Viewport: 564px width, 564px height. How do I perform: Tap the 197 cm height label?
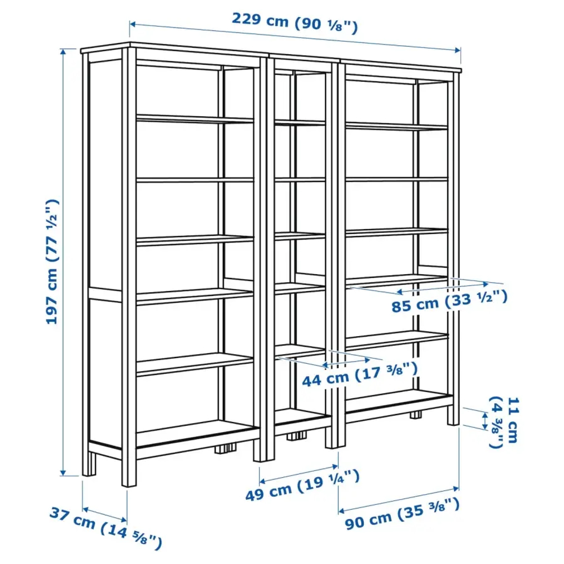click(52, 261)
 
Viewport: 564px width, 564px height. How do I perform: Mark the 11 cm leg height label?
click(504, 421)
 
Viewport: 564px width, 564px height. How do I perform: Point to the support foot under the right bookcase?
click(416, 416)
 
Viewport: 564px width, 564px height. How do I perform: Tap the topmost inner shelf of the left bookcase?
click(195, 118)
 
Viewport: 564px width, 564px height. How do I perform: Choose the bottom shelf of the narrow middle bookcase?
click(302, 418)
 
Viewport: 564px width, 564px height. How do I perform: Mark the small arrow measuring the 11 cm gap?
click(484, 420)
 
